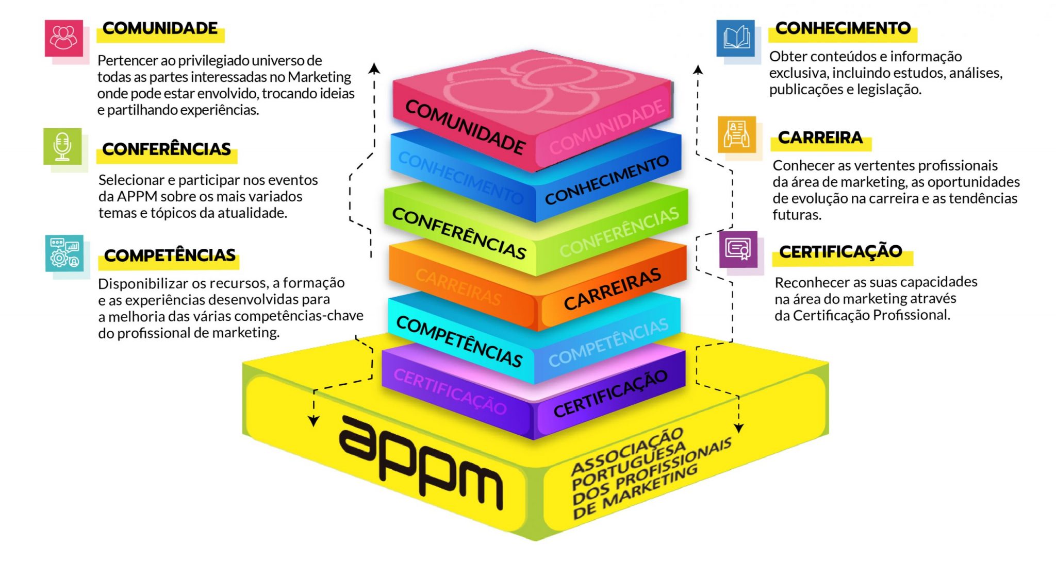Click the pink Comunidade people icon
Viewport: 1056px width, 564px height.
pos(64,38)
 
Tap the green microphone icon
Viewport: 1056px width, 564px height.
pos(62,146)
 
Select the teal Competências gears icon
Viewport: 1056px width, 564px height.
pos(64,253)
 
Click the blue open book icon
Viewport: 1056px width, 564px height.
pos(736,38)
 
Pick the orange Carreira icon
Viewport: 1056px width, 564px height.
pos(737,134)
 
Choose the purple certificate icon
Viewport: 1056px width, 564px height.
pos(738,249)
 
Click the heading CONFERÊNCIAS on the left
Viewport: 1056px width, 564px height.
pos(167,149)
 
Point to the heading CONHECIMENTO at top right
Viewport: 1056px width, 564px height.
pos(843,28)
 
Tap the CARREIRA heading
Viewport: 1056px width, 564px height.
pos(820,138)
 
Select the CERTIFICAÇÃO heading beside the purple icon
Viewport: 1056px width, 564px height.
pos(840,252)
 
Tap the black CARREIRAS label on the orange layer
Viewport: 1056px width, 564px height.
pos(612,289)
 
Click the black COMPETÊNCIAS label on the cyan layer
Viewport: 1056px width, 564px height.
pos(459,341)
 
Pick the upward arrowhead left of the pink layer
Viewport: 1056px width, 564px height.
pos(375,69)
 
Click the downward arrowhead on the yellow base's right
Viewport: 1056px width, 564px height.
pos(739,428)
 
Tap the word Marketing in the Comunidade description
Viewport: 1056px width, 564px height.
pos(319,77)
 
